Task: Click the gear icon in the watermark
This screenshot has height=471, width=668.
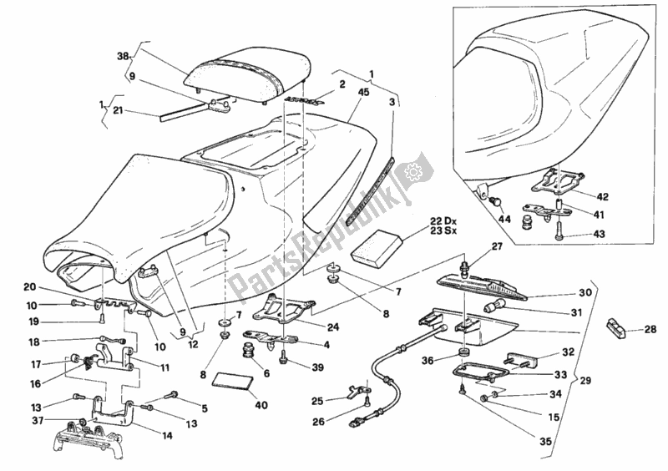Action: pyautogui.click(x=410, y=174)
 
